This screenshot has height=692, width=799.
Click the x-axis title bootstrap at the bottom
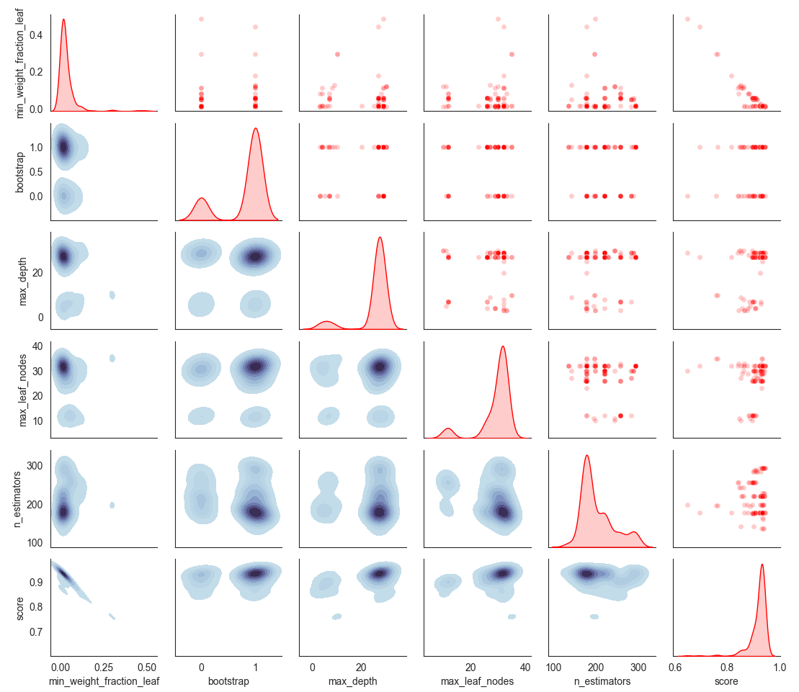pyautogui.click(x=228, y=680)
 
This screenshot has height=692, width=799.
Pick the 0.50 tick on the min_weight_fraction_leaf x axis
pyautogui.click(x=147, y=666)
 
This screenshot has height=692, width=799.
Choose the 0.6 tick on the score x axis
pyautogui.click(x=675, y=666)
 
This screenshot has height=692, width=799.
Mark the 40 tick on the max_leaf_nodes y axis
pyautogui.click(x=37, y=346)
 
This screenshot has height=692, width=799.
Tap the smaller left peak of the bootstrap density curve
pyautogui.click(x=202, y=198)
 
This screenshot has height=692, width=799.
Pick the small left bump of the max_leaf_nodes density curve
pyautogui.click(x=448, y=428)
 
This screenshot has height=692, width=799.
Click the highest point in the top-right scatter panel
pyautogui.click(x=687, y=19)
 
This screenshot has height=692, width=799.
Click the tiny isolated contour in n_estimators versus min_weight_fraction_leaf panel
pyautogui.click(x=112, y=505)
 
